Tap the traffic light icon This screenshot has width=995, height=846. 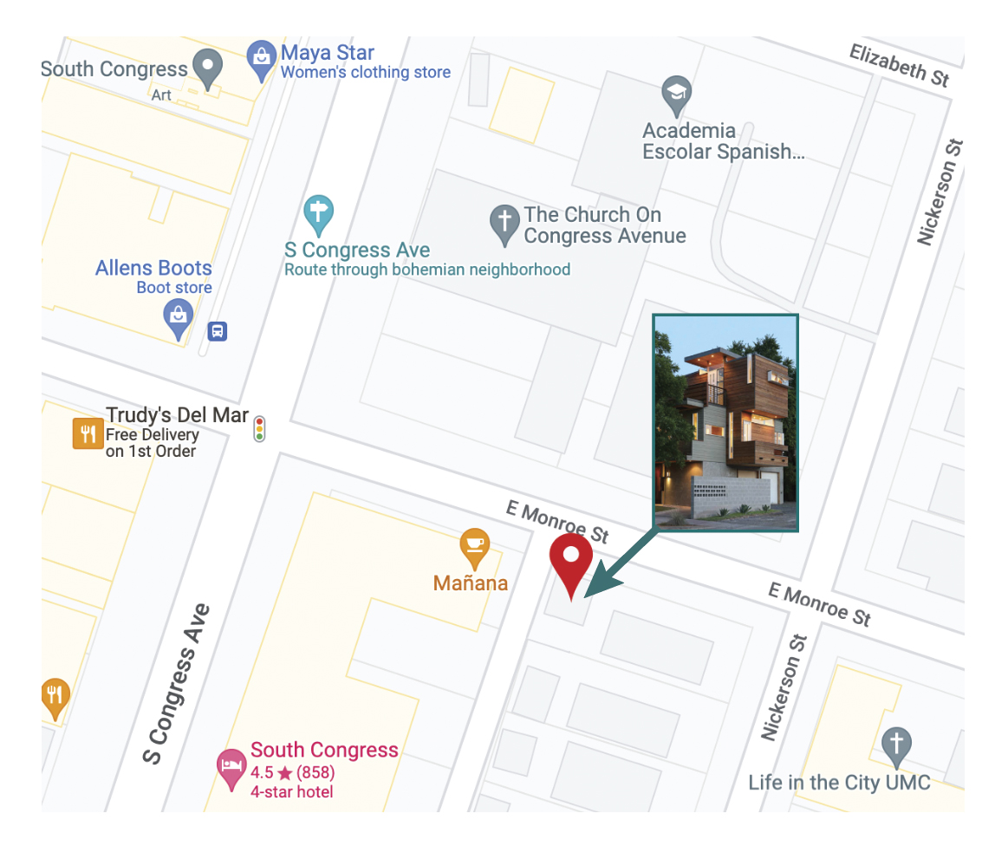coord(259,429)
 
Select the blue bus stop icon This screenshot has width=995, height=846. coord(218,331)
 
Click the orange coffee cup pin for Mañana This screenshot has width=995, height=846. coord(473,546)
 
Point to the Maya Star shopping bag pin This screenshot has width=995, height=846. coord(261,58)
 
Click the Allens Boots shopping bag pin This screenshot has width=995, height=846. coord(178,318)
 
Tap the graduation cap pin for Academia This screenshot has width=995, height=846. coord(676,94)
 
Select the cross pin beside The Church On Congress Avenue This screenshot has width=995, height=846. coord(504,223)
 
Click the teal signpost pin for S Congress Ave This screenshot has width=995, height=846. coord(319,214)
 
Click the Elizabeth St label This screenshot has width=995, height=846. coord(899,66)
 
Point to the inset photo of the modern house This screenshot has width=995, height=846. coord(725,422)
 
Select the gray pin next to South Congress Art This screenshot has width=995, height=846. coord(207,68)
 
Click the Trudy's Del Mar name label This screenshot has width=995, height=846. coord(177,415)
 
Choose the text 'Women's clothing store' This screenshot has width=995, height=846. coord(365,73)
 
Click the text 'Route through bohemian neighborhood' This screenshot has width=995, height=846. coord(427,270)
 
